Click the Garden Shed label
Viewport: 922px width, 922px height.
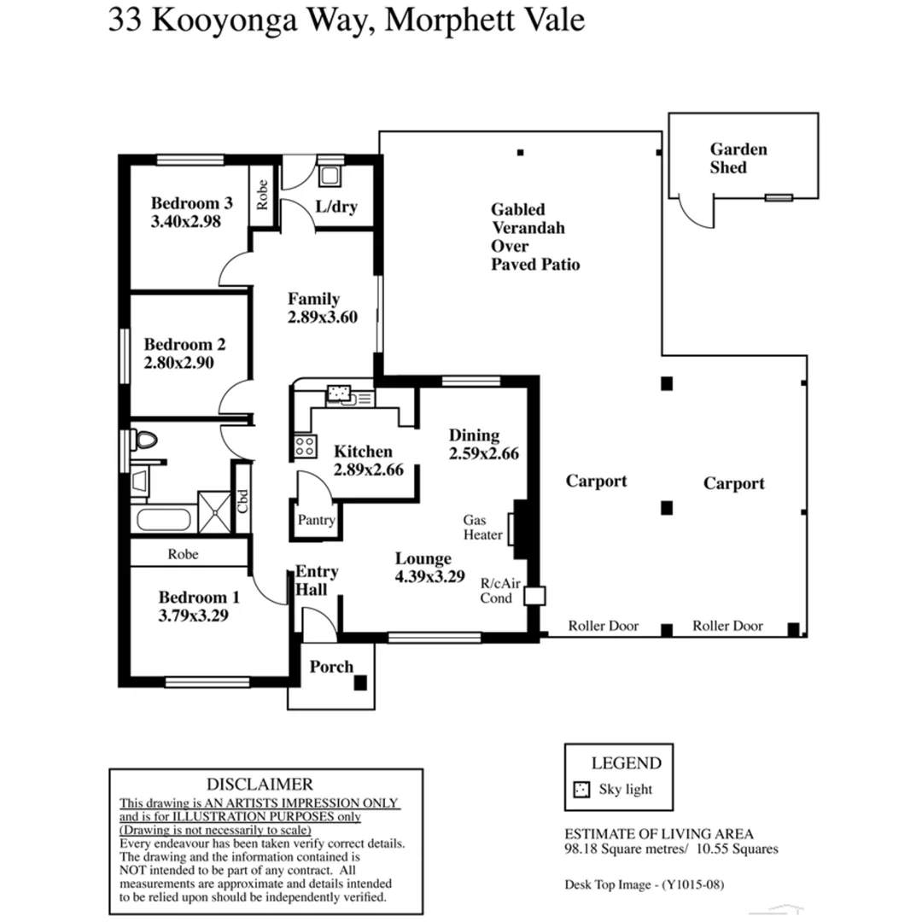tap(738, 158)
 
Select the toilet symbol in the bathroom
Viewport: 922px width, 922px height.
tap(146, 441)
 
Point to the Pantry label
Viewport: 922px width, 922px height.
tap(316, 520)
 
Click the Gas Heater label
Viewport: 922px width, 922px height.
tap(481, 527)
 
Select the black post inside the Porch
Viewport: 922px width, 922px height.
tap(361, 682)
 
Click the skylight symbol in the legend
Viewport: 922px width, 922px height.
tap(581, 790)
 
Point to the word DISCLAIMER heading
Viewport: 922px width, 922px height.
tap(260, 784)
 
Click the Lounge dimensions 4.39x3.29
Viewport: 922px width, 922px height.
tap(429, 576)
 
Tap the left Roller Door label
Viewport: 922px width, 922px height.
tap(604, 626)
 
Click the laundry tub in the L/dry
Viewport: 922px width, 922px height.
tap(329, 175)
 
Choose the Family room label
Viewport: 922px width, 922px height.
tap(313, 299)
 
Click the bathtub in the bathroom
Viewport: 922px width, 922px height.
tap(162, 520)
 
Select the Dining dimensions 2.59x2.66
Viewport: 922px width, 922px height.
tap(484, 454)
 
